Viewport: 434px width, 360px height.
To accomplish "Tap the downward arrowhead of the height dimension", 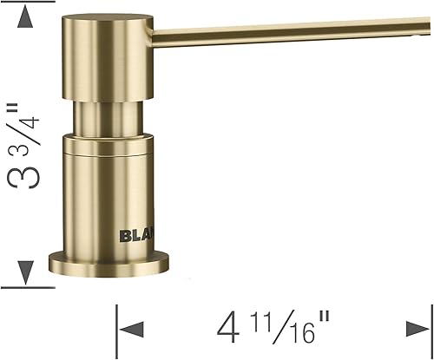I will pyautogui.click(x=24, y=271).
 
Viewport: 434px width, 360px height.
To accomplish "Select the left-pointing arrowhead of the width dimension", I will pyautogui.click(x=130, y=328).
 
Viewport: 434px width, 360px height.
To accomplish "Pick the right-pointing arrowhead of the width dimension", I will pyautogui.click(x=418, y=328).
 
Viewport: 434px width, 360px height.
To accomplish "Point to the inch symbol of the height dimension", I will pyautogui.click(x=12, y=111).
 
